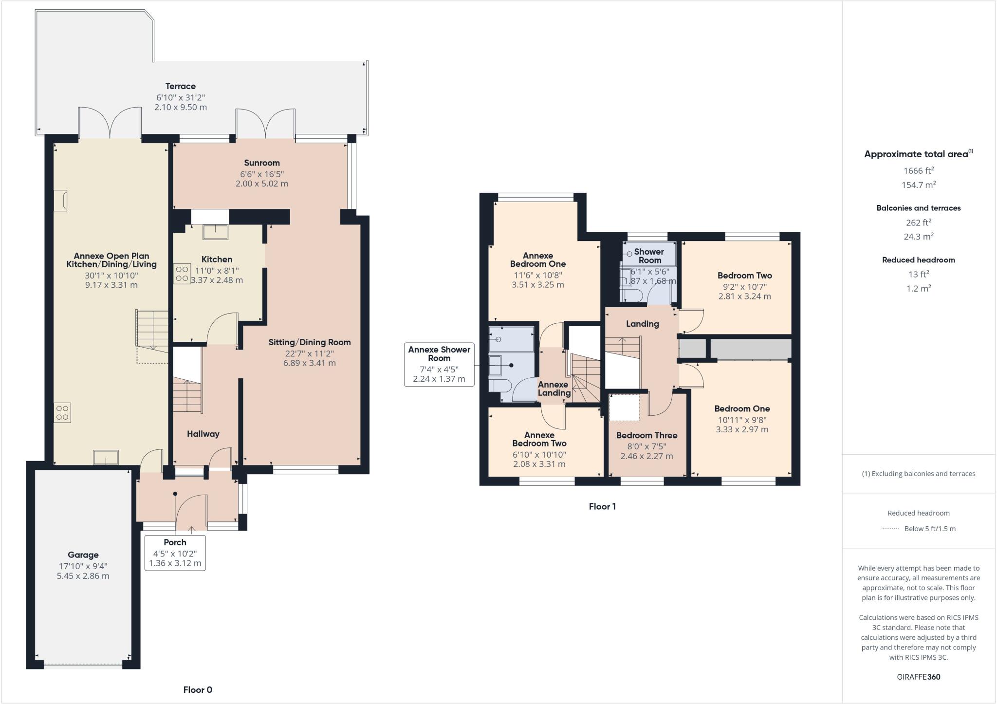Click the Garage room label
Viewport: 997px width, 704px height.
point(83,555)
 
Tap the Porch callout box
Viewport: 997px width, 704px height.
point(175,553)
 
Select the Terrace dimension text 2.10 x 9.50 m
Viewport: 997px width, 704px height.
point(181,107)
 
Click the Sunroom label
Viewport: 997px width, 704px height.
point(262,163)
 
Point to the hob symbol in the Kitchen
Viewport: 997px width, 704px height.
point(182,274)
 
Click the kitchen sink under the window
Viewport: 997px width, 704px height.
point(216,232)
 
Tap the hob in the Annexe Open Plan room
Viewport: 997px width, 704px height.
point(62,412)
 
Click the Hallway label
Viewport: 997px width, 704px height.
point(203,434)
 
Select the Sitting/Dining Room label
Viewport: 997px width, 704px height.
point(310,342)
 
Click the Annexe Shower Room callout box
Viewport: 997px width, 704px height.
point(439,364)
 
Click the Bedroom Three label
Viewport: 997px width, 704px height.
point(646,435)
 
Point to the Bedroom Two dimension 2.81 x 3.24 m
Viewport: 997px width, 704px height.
point(744,296)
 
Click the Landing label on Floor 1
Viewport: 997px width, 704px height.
point(642,324)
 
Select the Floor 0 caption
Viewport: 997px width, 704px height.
point(198,689)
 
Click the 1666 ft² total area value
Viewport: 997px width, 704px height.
point(919,170)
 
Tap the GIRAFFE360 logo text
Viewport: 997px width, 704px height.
point(918,677)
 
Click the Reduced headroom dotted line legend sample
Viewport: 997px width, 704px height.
point(890,529)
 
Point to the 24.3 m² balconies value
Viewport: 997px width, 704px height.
point(919,237)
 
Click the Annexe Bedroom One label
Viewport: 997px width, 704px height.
point(538,259)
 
